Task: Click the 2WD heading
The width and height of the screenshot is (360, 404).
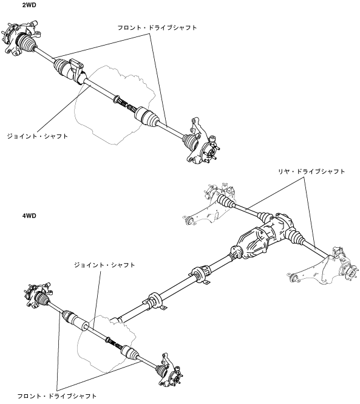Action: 29,5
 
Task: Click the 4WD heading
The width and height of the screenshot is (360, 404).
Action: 29,216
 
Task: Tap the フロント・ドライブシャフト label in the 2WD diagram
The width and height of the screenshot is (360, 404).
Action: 157,27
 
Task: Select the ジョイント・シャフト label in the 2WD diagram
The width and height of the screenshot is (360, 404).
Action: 37,136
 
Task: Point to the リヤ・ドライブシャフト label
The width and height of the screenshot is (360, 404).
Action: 311,171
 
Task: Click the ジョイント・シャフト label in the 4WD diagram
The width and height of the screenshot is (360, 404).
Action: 104,265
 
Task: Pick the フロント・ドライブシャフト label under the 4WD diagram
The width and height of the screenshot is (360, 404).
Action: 57,396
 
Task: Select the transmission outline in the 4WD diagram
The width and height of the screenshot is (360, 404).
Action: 106,343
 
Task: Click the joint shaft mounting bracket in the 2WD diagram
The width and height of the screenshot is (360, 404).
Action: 76,70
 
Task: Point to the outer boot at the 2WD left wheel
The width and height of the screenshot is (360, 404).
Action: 25,43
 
